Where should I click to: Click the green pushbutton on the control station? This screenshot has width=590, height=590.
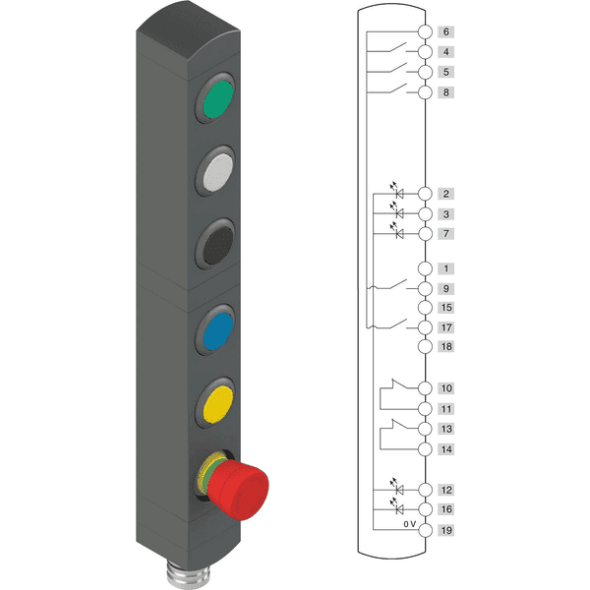(218, 99)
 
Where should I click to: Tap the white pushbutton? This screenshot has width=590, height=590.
(218, 172)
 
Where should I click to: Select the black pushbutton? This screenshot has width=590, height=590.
(218, 245)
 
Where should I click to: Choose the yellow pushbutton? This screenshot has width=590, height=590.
(218, 404)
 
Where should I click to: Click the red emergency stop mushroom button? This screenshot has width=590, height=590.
(238, 489)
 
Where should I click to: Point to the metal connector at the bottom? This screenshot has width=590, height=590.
(187, 574)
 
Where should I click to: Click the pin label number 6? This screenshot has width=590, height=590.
(445, 32)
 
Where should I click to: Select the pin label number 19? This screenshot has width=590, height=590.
(445, 530)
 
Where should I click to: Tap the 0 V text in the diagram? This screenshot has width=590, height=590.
(409, 524)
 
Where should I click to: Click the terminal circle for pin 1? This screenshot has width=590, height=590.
(425, 268)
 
